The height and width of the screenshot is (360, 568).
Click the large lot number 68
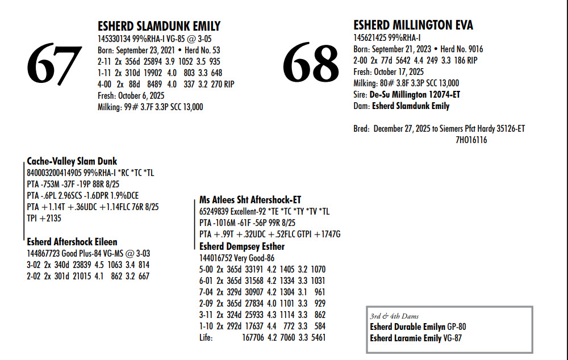(x=311, y=62)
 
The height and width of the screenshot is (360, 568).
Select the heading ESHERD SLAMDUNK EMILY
(x=159, y=26)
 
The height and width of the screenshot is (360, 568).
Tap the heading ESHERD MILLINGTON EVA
(x=413, y=25)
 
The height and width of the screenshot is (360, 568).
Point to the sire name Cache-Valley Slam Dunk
(x=72, y=161)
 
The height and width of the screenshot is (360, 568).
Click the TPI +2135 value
(x=44, y=218)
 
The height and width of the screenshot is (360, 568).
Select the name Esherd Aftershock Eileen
(x=72, y=242)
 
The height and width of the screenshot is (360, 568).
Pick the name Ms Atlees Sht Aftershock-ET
(x=250, y=200)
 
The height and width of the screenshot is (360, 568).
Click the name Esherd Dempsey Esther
(x=242, y=246)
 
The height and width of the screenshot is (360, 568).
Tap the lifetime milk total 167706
(x=253, y=337)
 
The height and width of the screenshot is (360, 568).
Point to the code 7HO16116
(x=471, y=140)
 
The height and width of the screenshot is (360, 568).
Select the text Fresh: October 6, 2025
(x=131, y=95)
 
